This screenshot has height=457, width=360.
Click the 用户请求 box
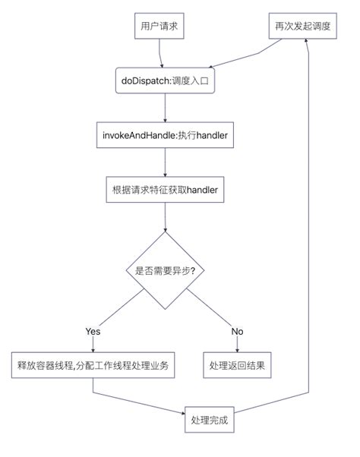click(159, 26)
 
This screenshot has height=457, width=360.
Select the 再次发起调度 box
click(302, 26)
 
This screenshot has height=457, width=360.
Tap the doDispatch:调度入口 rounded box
click(165, 80)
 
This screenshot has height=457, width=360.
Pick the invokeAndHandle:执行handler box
click(165, 135)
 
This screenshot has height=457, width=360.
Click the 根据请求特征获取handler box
click(165, 190)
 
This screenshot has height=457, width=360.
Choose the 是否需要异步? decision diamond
click(165, 270)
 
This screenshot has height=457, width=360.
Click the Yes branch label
click(93, 332)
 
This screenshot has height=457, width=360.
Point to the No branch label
click(237, 332)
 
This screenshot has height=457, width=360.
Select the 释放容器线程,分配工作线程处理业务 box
click(93, 365)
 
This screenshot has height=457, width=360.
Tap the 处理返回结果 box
click(237, 365)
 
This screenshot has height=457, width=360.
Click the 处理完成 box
click(210, 420)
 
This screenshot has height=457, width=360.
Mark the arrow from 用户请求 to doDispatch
click(159, 53)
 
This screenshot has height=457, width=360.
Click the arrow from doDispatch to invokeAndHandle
click(165, 108)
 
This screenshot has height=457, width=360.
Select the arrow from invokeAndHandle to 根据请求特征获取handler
click(165, 162)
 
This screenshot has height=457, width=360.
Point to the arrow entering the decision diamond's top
click(165, 217)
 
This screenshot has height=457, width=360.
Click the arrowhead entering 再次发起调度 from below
click(306, 41)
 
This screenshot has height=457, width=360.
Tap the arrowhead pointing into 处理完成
click(183, 413)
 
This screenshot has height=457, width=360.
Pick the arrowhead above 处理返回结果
click(237, 350)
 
